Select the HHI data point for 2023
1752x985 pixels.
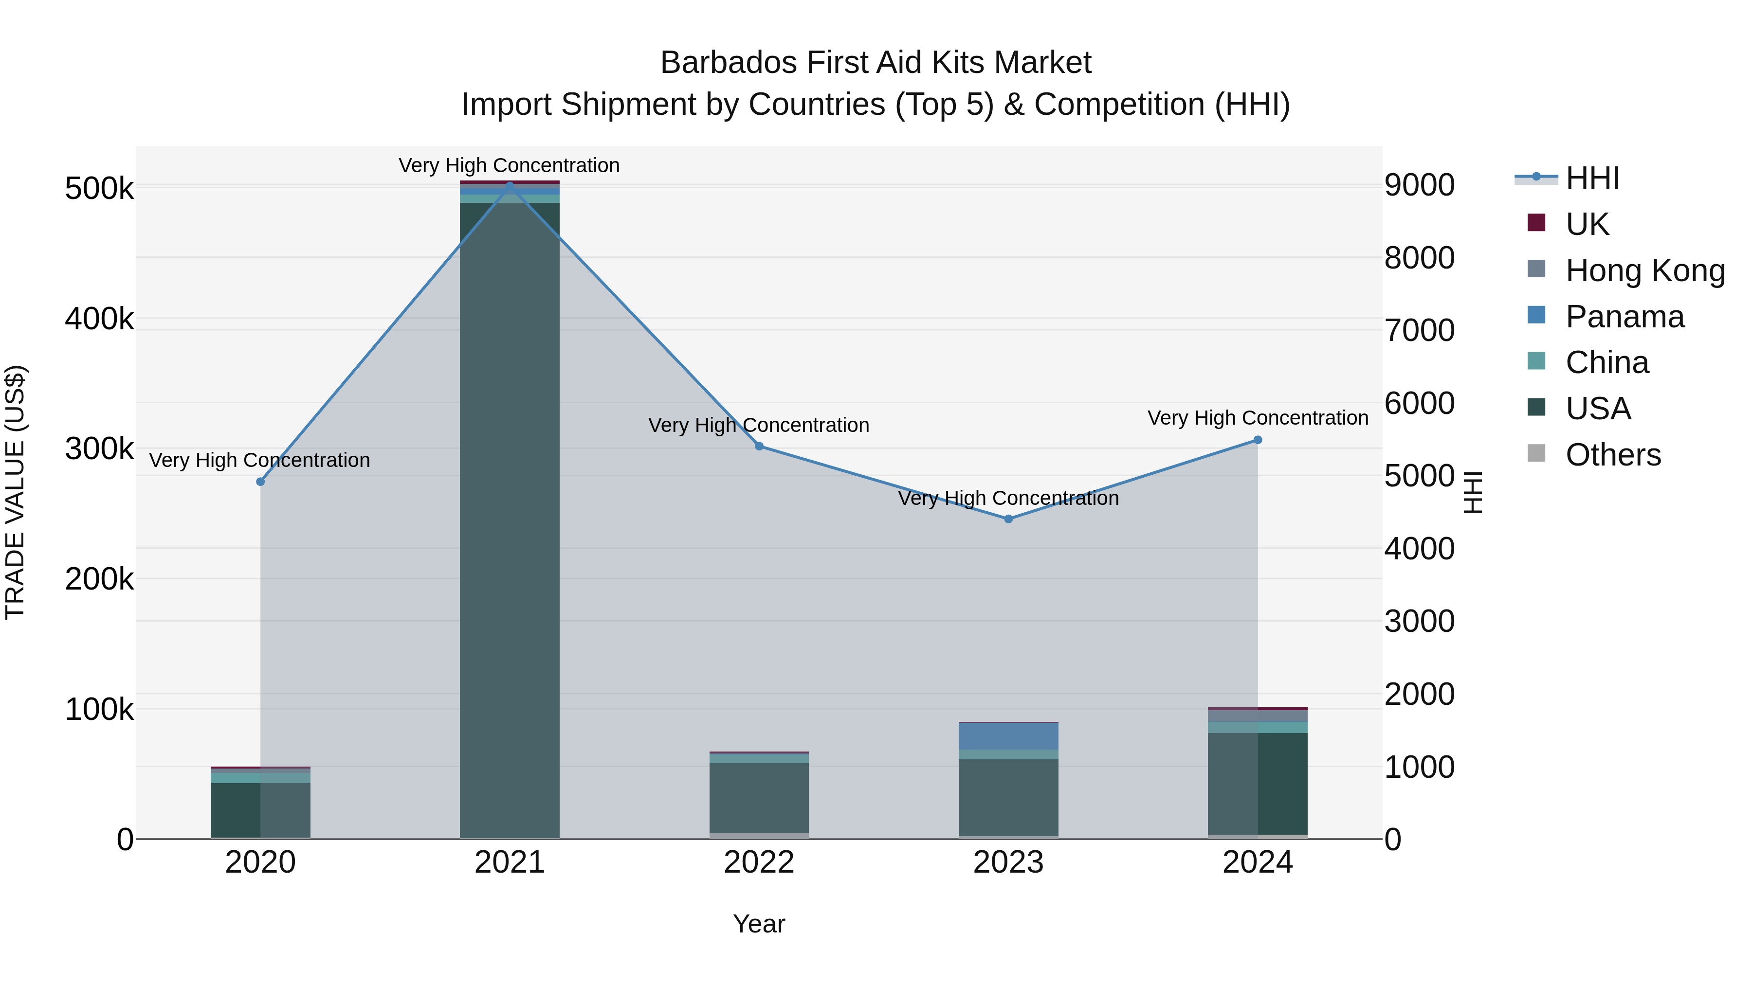tap(1009, 519)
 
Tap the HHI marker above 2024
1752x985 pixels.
tap(1258, 440)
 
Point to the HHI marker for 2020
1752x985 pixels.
tap(260, 481)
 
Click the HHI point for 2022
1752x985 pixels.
tap(759, 446)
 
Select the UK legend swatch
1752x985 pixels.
tap(1536, 223)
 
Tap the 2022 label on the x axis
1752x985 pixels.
tap(759, 862)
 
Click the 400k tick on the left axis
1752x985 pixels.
tap(99, 318)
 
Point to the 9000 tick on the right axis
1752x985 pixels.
tap(1420, 185)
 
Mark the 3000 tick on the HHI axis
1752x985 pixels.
tap(1420, 621)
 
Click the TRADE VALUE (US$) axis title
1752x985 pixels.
tap(15, 492)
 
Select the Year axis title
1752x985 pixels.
tap(759, 924)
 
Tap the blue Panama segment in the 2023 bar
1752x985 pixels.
tap(1009, 735)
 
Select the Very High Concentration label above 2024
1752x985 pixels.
tap(1258, 417)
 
